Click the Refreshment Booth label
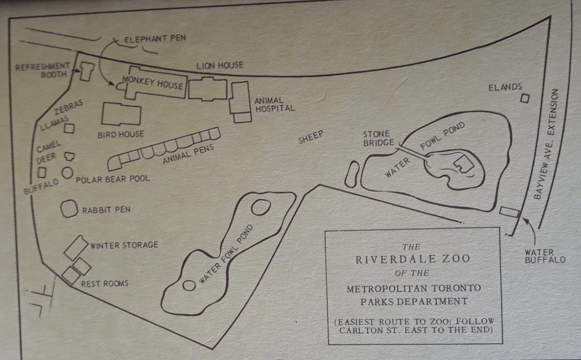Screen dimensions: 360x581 pos(42,70)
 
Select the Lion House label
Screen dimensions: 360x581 pos(220,66)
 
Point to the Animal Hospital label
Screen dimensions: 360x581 pos(274,104)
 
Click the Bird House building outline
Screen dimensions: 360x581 pos(121,114)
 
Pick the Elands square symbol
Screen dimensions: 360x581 pos(525,98)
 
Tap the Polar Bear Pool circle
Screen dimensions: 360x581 pos(67,173)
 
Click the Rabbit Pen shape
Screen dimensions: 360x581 pos(69,209)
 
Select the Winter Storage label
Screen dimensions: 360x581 pos(124,245)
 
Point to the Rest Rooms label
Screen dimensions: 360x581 pos(104,283)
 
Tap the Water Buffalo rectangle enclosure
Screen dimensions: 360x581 pos(509,212)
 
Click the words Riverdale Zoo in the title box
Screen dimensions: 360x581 pos(413,259)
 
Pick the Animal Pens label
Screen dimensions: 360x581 pos(188,155)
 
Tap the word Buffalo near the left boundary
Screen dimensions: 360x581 pos(41,187)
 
